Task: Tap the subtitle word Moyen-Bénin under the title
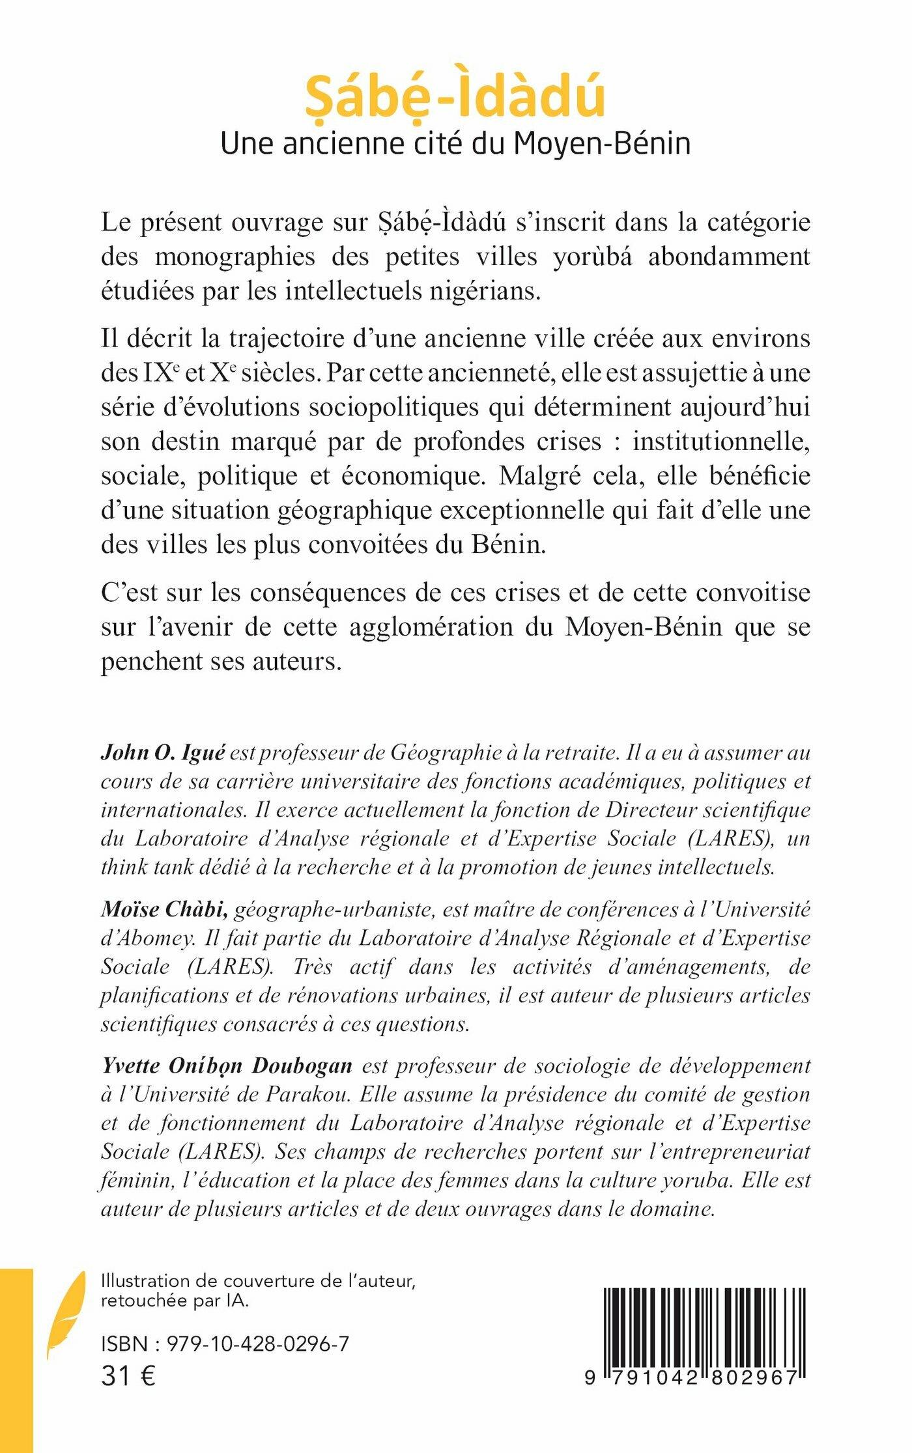tap(602, 144)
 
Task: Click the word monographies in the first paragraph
tap(235, 257)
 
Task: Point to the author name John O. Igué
tap(163, 753)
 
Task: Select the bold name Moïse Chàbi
tap(164, 909)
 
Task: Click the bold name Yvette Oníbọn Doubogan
tap(227, 1065)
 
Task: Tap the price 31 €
tap(128, 1376)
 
